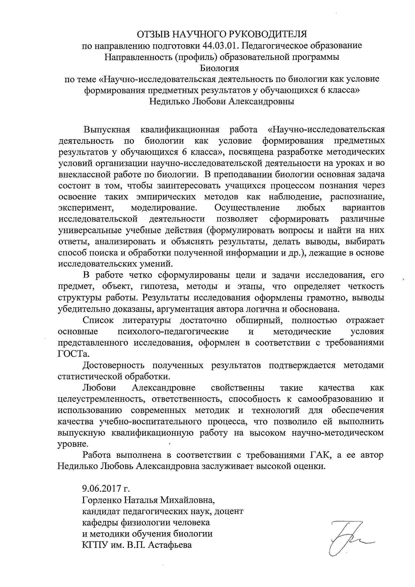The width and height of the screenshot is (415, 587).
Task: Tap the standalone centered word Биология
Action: [x=219, y=68]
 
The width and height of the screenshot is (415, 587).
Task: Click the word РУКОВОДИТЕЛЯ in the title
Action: [x=267, y=34]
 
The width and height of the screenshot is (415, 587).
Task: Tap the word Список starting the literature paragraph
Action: [x=98, y=320]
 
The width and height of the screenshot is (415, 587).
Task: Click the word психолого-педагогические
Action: [x=173, y=332]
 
